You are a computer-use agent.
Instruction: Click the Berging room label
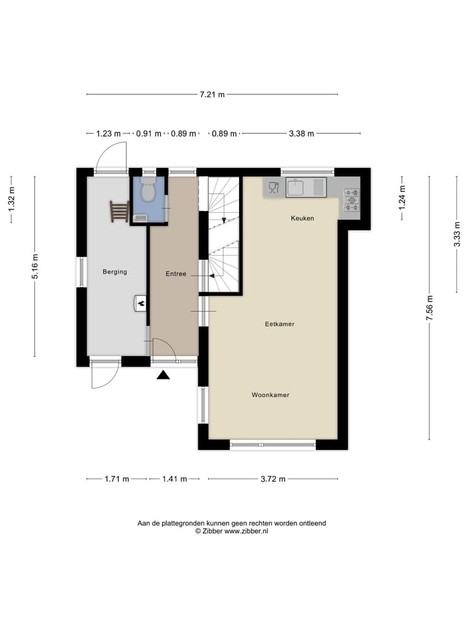tap(114, 272)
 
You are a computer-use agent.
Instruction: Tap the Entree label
tap(175, 274)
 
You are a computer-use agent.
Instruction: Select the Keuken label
tap(302, 218)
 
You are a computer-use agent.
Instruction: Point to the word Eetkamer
tap(280, 324)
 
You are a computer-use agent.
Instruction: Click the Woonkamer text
tap(271, 395)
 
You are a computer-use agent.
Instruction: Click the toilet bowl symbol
tap(148, 191)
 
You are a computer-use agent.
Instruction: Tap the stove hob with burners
tap(351, 200)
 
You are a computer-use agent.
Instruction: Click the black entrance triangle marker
tap(163, 374)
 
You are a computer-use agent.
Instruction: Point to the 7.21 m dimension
tap(212, 94)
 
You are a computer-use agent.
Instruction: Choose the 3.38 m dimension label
tap(301, 133)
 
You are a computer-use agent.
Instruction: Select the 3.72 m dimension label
tap(273, 479)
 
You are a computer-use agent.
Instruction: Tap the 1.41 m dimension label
tap(174, 479)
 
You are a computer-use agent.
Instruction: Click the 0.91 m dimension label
tap(148, 133)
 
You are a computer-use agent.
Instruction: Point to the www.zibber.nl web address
tap(246, 531)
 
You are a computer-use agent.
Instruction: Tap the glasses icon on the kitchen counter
tap(273, 188)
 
